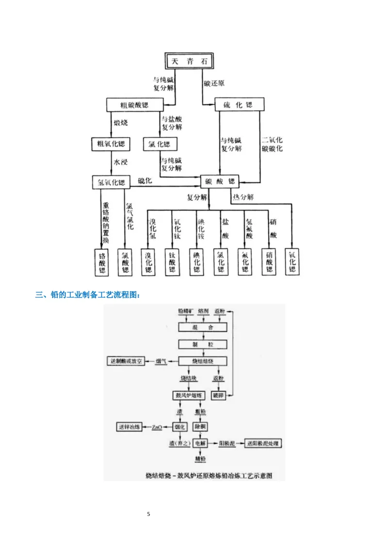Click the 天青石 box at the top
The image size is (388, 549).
(189, 62)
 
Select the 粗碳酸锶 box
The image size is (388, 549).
(134, 105)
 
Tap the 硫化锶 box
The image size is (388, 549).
(240, 105)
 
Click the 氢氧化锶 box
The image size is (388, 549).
(112, 182)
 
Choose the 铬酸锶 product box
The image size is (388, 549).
(102, 262)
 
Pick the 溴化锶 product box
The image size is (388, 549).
(149, 262)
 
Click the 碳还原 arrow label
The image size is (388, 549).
(214, 83)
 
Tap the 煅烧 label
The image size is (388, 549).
(120, 123)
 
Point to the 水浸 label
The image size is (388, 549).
(120, 162)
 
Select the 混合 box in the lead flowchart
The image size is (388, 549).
(203, 328)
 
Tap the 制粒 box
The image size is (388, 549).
(203, 344)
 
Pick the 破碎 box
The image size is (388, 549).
(219, 395)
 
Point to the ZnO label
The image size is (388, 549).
(157, 427)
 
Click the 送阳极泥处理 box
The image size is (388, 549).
(262, 443)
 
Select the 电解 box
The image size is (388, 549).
(200, 443)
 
